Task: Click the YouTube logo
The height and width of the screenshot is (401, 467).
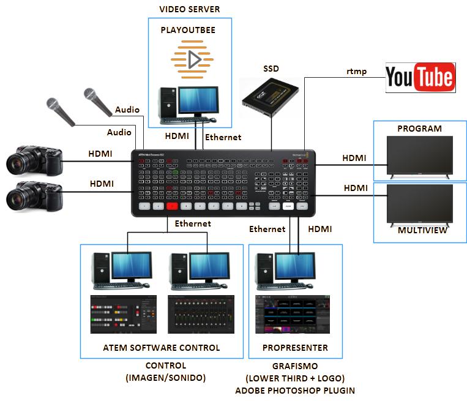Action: [420, 77]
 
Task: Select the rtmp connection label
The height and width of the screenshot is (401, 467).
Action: [356, 72]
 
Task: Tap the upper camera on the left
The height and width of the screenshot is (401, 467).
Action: [34, 160]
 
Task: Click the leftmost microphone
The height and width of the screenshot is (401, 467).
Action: [59, 111]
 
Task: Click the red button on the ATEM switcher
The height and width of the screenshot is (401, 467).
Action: [172, 206]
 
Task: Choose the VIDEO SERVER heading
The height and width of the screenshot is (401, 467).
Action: [189, 9]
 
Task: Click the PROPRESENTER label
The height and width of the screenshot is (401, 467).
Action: [295, 348]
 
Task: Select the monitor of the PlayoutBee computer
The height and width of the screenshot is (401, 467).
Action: [198, 102]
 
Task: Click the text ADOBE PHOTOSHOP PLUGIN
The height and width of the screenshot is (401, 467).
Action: [295, 390]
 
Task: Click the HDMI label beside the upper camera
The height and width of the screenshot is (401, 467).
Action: [100, 154]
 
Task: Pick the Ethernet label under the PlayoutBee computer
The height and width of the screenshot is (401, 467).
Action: [223, 137]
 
